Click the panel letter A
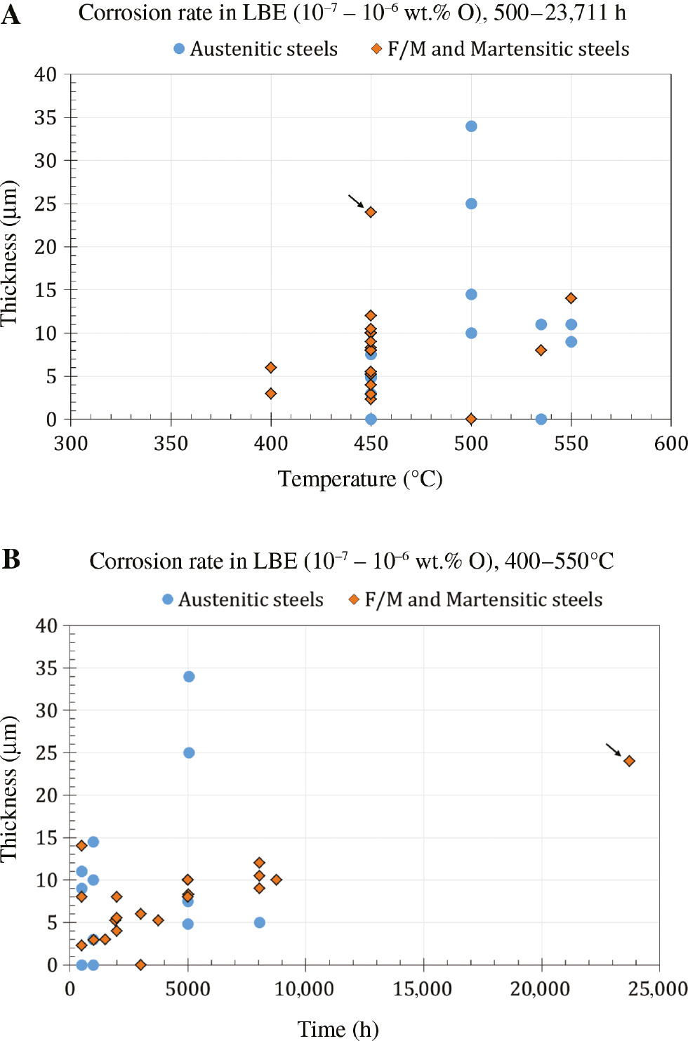point(11,15)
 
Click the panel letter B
point(11,559)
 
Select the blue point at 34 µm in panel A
point(471,126)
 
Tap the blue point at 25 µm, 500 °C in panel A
point(471,204)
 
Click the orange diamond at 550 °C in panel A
point(571,298)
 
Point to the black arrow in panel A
point(357,201)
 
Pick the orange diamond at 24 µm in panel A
point(371,212)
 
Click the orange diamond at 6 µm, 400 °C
point(271,368)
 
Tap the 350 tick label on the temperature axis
point(171,444)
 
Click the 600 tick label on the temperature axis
point(671,444)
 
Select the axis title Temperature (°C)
point(360,479)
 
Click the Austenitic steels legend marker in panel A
point(179,48)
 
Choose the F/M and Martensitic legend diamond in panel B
point(355,599)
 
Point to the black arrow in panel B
point(614,750)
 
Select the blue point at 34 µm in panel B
point(189,677)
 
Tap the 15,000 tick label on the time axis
point(423,989)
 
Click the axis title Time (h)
point(338,1029)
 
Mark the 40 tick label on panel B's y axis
point(46,625)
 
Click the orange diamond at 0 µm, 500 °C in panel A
point(471,419)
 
